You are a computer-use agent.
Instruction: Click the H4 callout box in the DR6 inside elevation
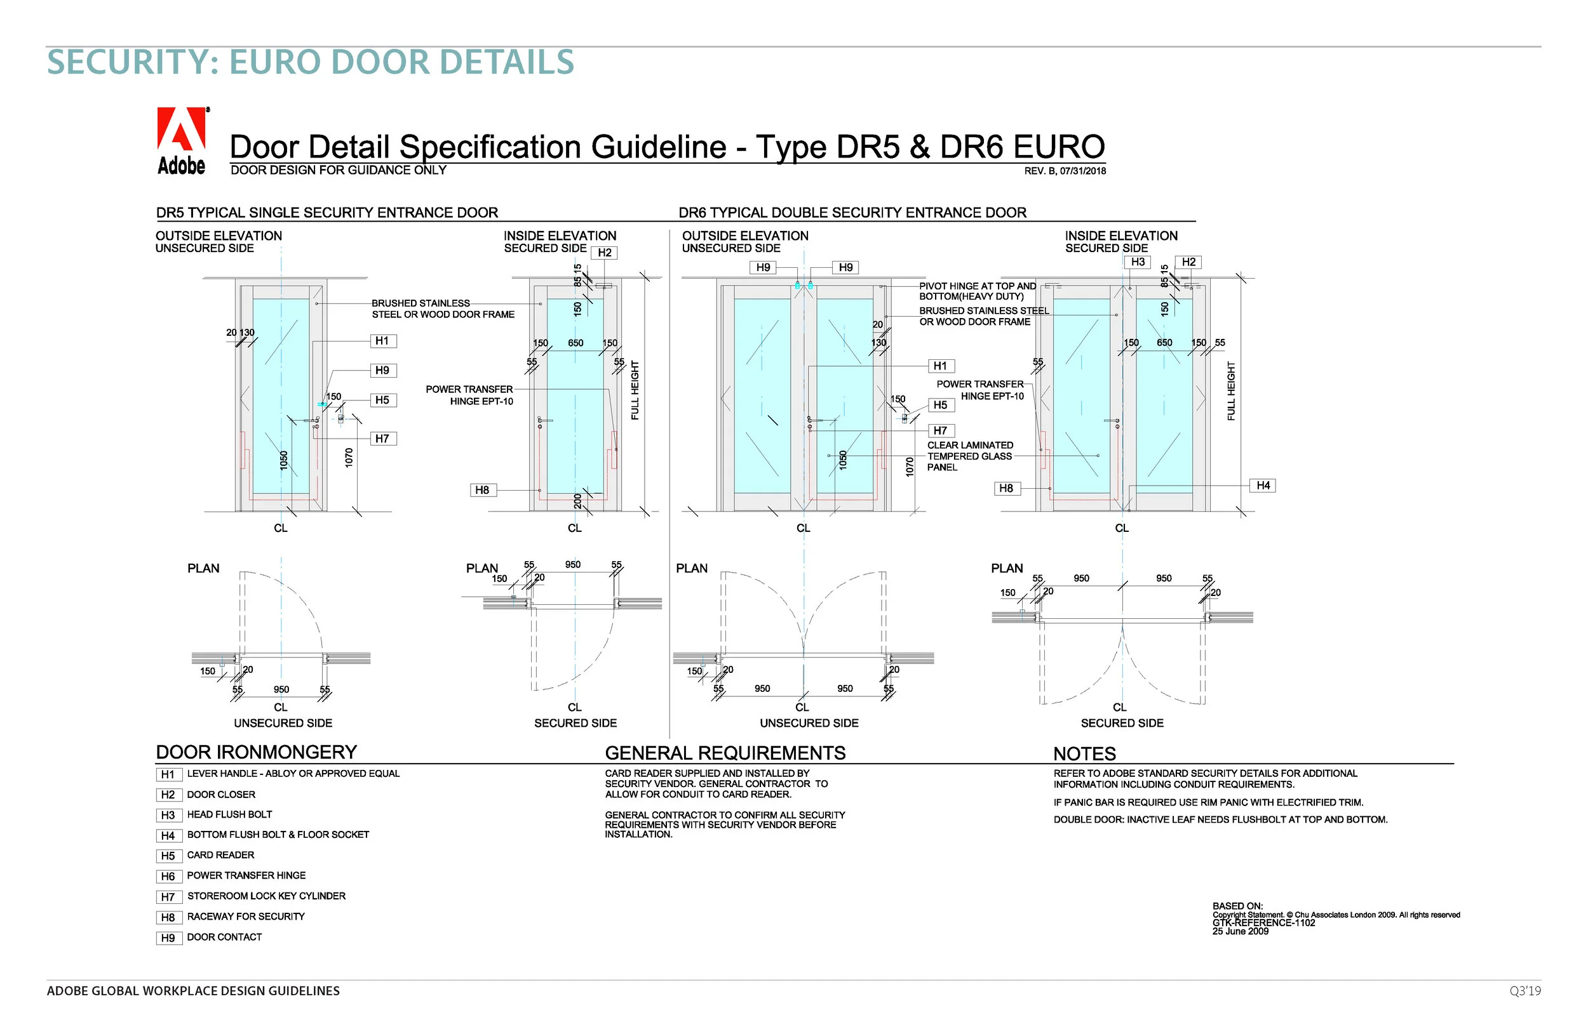coord(1262,486)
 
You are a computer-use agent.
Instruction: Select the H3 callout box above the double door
coord(1138,263)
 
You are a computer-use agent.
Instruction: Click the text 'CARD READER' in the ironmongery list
coord(220,856)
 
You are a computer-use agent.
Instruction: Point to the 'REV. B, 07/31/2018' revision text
coord(1065,171)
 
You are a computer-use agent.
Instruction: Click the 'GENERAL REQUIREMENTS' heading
coord(725,753)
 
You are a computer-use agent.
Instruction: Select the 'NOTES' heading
coord(1084,754)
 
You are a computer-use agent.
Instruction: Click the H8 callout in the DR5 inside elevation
coord(482,491)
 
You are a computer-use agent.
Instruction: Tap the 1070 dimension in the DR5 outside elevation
coord(349,458)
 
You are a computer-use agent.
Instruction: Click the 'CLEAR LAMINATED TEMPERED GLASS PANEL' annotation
coord(969,457)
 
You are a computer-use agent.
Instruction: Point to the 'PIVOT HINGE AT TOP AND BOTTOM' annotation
coord(977,291)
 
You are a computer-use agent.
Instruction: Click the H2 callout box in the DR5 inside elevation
coord(605,253)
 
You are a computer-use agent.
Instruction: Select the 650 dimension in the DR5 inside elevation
coord(575,343)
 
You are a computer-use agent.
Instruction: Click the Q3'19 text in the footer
coord(1524,991)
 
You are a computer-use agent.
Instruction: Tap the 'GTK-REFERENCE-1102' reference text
coord(1263,924)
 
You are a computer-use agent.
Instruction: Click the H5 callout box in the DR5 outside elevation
coord(382,401)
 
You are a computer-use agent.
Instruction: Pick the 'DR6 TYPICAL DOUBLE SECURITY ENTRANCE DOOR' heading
coord(852,213)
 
